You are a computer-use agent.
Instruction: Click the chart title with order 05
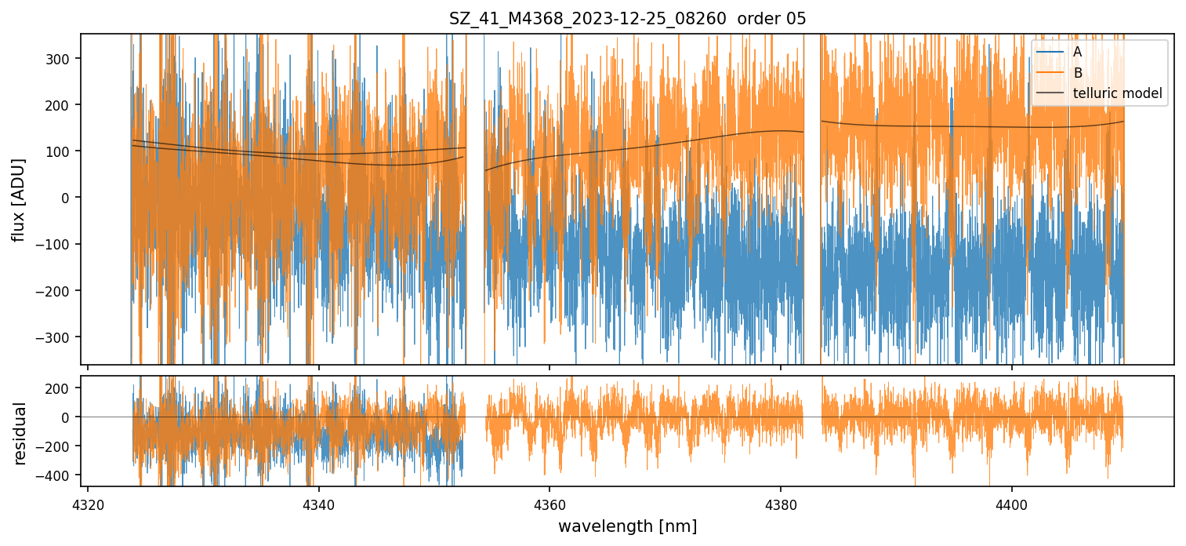click(x=627, y=19)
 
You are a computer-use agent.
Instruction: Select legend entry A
click(x=1077, y=52)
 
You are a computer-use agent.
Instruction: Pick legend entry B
click(x=1077, y=73)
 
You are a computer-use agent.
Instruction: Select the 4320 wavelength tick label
click(x=87, y=503)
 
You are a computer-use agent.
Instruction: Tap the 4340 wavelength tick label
click(x=318, y=503)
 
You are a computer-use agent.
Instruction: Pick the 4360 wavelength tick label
click(x=549, y=503)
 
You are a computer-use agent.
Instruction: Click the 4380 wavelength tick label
click(x=781, y=503)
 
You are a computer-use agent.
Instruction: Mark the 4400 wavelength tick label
click(x=1011, y=503)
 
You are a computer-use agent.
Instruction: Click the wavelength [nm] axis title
click(x=627, y=526)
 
